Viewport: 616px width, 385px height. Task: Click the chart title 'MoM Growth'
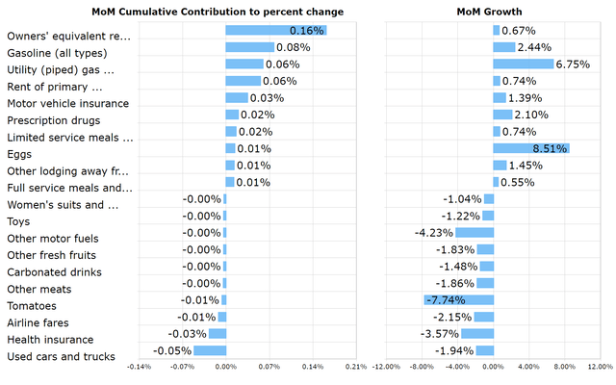click(490, 12)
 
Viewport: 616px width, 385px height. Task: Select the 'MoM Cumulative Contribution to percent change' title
click(217, 12)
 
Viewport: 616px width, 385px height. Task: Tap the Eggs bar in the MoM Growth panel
click(530, 148)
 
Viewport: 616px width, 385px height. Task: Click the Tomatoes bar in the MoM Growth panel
click(458, 300)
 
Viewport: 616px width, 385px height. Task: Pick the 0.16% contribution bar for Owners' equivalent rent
click(275, 30)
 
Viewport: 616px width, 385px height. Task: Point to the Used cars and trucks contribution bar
click(210, 350)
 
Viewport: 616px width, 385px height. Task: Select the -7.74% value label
click(444, 300)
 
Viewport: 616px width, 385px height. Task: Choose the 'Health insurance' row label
click(50, 340)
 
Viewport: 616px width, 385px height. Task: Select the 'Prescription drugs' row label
click(54, 120)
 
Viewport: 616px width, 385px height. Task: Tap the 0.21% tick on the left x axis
click(355, 367)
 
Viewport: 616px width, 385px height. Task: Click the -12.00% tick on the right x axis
click(387, 367)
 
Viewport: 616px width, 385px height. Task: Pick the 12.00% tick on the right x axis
click(600, 367)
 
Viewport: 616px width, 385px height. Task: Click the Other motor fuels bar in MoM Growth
click(475, 232)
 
